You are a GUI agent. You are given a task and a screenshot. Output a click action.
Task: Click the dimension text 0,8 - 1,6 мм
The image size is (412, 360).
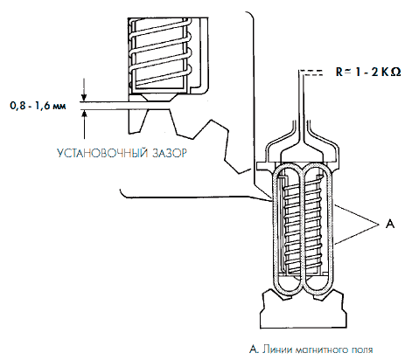[38, 106]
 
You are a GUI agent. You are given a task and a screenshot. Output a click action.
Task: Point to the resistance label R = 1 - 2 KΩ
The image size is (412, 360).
[368, 72]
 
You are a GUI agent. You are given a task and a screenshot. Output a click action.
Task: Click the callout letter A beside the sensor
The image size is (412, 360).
[390, 224]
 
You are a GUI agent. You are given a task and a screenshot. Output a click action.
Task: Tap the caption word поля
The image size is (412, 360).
[361, 350]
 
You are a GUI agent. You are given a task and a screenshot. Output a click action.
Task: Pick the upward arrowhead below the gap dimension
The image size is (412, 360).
[85, 114]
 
